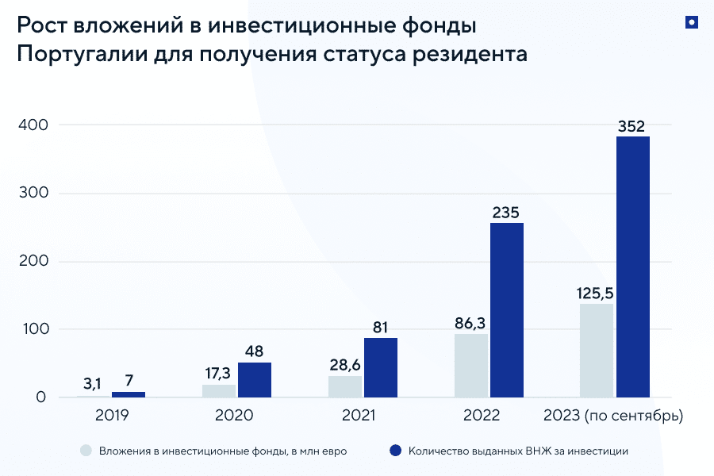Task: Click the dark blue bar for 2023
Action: pyautogui.click(x=632, y=267)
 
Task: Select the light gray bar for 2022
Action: pyautogui.click(x=470, y=365)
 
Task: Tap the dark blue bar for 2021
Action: pyautogui.click(x=380, y=367)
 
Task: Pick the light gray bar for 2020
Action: pyautogui.click(x=218, y=390)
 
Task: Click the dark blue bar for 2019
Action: pyautogui.click(x=128, y=394)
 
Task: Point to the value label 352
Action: pyautogui.click(x=632, y=125)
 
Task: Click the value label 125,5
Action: pyautogui.click(x=596, y=293)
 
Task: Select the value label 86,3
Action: pyautogui.click(x=470, y=323)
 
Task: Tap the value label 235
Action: pyautogui.click(x=506, y=212)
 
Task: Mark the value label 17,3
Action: pyautogui.click(x=218, y=374)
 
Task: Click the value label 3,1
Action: pyautogui.click(x=92, y=384)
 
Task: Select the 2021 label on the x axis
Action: pyautogui.click(x=359, y=415)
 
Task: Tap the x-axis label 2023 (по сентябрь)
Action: pyautogui.click(x=612, y=415)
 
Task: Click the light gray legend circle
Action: pyautogui.click(x=86, y=451)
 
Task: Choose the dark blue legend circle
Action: pyautogui.click(x=395, y=451)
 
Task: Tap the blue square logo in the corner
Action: pyautogui.click(x=691, y=23)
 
